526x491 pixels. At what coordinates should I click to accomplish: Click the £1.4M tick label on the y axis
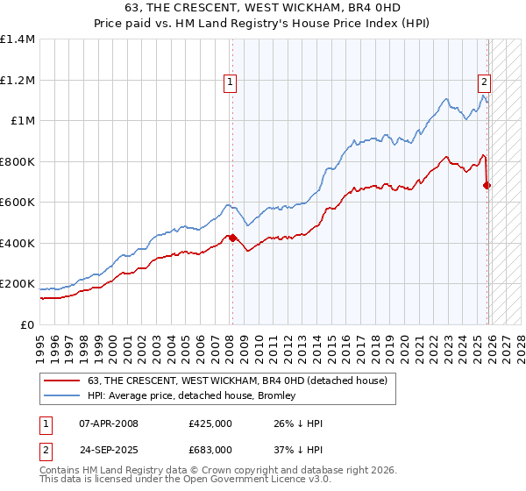coord(18,39)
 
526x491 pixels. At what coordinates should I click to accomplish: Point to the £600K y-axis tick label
coord(18,203)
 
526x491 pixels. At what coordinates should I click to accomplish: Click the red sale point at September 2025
coord(487,186)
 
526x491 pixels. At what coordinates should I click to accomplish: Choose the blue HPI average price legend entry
coord(192,396)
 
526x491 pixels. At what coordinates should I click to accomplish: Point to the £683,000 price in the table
coord(210,449)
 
